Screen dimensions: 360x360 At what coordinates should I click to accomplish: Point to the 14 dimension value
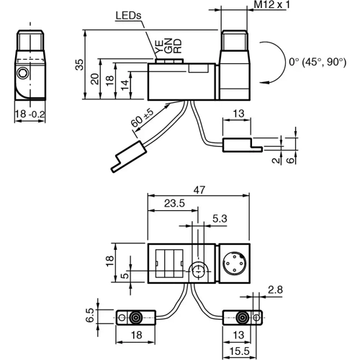point(125,85)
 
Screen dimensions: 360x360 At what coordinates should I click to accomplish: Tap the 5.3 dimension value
point(220,218)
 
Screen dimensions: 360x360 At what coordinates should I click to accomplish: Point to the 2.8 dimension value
point(275,289)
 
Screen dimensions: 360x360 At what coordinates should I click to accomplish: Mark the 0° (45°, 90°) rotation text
point(317,63)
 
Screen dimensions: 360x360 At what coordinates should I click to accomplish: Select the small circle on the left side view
point(24,73)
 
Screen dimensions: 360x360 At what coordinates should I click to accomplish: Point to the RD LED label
point(176,49)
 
